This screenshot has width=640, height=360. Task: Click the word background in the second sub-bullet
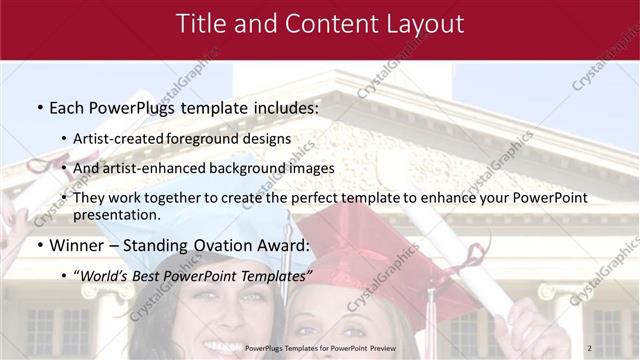pyautogui.click(x=248, y=168)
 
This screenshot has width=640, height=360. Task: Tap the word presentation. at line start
pyautogui.click(x=116, y=214)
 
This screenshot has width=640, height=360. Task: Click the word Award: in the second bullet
pyautogui.click(x=282, y=245)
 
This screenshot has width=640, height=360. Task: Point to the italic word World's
pyautogui.click(x=104, y=276)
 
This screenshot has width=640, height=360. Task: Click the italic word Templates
pyautogui.click(x=273, y=276)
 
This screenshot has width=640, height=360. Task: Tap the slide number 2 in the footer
pyautogui.click(x=590, y=347)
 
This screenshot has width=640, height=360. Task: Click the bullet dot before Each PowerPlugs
pyautogui.click(x=39, y=107)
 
